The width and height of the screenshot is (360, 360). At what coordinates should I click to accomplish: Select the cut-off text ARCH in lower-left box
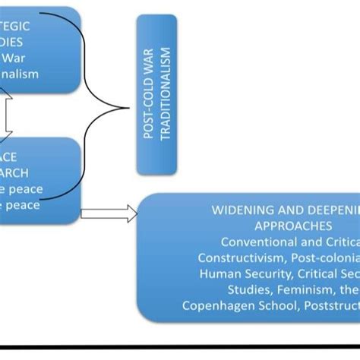(x=18, y=172)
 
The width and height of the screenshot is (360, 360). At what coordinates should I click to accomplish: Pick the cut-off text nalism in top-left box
(x=27, y=74)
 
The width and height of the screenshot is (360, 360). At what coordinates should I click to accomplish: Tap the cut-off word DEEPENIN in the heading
(x=327, y=210)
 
